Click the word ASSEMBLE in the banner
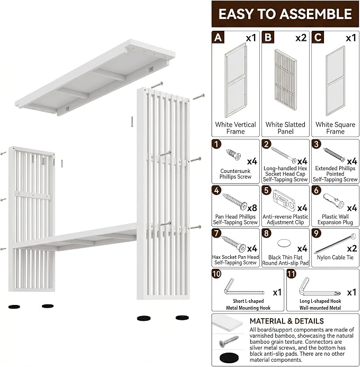coord(316,14)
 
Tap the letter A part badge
coord(218,37)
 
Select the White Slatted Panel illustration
coord(286,80)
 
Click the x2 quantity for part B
coord(301,38)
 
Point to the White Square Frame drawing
coord(336,81)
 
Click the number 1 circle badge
coord(217,144)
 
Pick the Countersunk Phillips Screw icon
coord(233,154)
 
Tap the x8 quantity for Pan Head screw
coord(252,208)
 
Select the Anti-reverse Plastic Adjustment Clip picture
coord(284,199)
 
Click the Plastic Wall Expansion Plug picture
coord(333,200)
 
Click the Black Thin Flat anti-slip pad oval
coord(284,243)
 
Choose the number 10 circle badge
coord(217,274)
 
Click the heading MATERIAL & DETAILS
coord(286,321)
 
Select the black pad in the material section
coord(229,358)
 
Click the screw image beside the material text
coord(229,342)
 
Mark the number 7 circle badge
coord(217,233)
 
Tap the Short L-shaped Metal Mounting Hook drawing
coord(244,287)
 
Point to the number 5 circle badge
coord(267,190)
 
